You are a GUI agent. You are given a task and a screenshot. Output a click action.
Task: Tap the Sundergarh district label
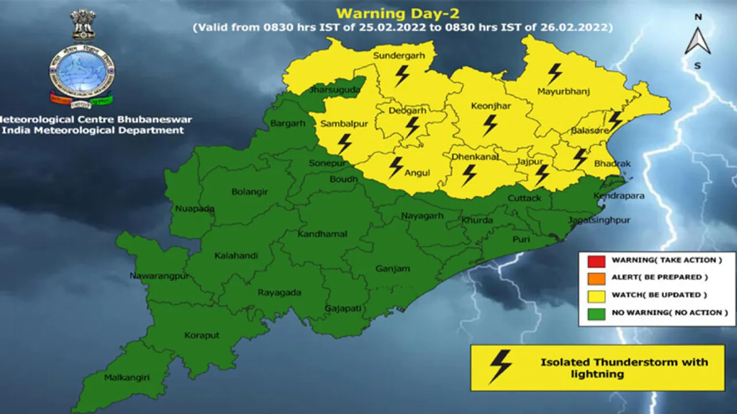tap(398, 56)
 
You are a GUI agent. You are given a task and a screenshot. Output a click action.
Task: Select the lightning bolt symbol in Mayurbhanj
tap(554, 73)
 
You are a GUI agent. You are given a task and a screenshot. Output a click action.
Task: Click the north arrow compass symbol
tap(697, 41)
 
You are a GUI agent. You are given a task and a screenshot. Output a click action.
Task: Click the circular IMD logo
tap(82, 73)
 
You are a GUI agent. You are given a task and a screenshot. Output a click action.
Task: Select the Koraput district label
tap(202, 335)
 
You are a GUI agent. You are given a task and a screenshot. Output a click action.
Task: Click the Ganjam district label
tap(393, 268)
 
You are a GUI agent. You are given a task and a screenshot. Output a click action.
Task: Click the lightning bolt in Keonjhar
tap(490, 124)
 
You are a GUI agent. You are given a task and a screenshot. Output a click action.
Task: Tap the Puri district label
tap(521, 238)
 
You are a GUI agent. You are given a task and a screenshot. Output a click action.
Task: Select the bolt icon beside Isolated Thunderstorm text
tap(500, 366)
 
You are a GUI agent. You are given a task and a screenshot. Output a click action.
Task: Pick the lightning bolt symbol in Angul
tap(396, 166)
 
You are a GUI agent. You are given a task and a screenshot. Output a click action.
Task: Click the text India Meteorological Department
tap(93, 131)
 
